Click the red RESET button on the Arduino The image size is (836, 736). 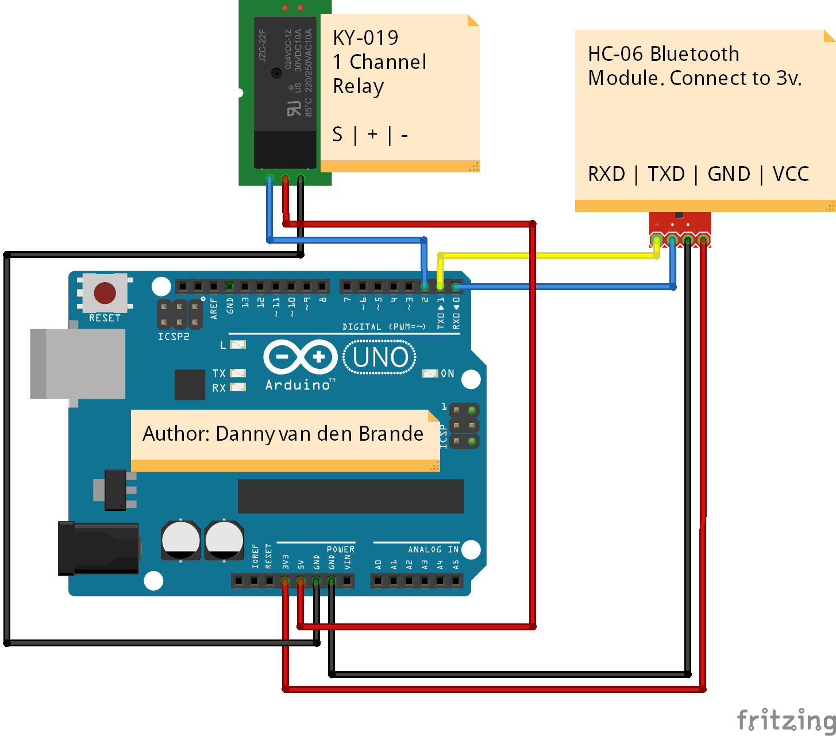105,293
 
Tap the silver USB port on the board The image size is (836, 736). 78,364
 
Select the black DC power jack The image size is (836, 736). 98,548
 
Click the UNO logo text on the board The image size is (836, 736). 380,357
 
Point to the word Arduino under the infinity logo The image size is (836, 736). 298,385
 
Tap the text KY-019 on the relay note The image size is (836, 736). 365,38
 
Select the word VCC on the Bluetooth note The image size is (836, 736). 791,174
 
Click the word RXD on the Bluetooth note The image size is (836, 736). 606,174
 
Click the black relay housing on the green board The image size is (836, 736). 285,92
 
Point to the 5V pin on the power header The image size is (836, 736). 301,581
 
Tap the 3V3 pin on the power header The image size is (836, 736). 285,581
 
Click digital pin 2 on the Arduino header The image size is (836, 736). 425,286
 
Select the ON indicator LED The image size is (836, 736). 430,373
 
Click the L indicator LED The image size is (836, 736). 237,345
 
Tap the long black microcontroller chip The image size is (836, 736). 350,496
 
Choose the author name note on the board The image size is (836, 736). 283,434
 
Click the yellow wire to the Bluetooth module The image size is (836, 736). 546,255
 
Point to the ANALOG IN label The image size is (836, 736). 433,550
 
